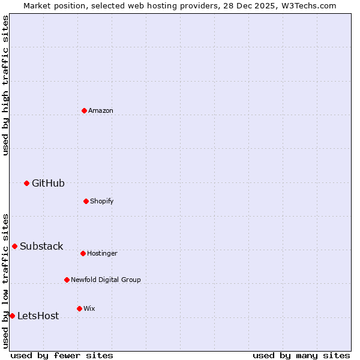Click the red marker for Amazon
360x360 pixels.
click(84, 110)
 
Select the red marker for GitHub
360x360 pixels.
click(26, 183)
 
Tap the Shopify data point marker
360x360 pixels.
click(86, 201)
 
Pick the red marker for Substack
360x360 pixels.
click(14, 246)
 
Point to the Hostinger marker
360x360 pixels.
click(83, 253)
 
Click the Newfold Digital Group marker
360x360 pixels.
click(67, 280)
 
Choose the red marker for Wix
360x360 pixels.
click(79, 308)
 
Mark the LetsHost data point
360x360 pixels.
click(12, 316)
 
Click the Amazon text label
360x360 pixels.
click(101, 110)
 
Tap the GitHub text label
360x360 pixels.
click(48, 183)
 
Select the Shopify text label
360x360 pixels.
click(101, 201)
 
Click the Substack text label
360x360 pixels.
click(41, 246)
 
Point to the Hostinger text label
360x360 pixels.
click(102, 253)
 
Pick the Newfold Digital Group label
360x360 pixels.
click(106, 280)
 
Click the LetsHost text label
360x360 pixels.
click(38, 316)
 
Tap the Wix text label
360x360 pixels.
click(89, 308)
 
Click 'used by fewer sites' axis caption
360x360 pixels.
click(62, 355)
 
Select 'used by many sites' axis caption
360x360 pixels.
click(301, 355)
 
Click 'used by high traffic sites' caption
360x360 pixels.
click(5, 85)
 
